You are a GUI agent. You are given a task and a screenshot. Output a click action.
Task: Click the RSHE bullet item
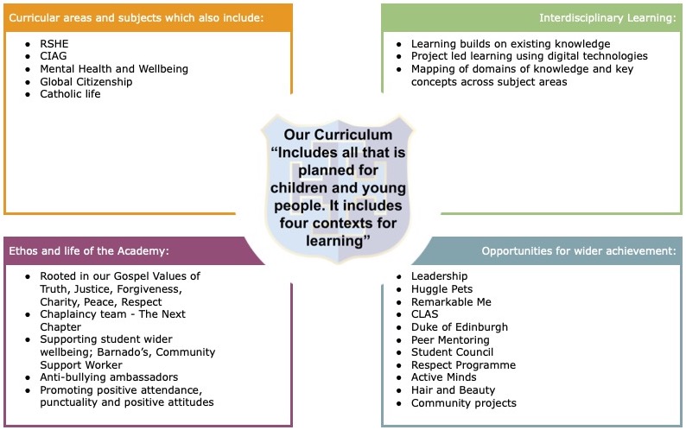tap(54, 44)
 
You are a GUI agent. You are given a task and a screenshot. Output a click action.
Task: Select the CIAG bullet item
tap(54, 56)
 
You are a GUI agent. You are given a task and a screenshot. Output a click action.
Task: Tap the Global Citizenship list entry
tap(86, 82)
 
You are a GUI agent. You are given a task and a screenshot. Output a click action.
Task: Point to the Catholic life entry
tap(70, 94)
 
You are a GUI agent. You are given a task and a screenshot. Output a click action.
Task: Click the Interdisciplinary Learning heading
tap(607, 18)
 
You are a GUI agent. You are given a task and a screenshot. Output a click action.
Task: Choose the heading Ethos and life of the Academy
tap(89, 251)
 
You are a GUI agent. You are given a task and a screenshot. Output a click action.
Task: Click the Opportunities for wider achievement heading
tap(579, 251)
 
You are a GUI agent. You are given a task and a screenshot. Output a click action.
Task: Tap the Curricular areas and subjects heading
tap(136, 18)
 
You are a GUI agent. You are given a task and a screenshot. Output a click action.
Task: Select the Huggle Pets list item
tap(441, 289)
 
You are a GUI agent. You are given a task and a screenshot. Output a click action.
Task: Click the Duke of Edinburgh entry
tap(460, 327)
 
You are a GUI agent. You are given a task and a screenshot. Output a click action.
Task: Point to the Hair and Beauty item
tap(454, 390)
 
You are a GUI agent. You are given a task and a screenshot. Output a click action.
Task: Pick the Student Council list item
tap(453, 352)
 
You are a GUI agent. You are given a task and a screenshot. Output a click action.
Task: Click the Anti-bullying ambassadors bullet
tap(109, 377)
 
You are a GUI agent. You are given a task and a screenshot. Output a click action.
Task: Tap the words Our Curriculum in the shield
tap(338, 135)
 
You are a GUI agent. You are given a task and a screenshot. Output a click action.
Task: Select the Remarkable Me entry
tap(451, 302)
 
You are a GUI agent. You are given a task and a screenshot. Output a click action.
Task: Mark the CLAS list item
tap(424, 314)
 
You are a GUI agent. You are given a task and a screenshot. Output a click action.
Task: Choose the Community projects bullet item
tap(464, 403)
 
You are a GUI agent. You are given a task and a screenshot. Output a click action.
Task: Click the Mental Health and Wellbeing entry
tap(114, 69)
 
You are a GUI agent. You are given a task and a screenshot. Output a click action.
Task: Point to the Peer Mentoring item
tap(450, 340)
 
